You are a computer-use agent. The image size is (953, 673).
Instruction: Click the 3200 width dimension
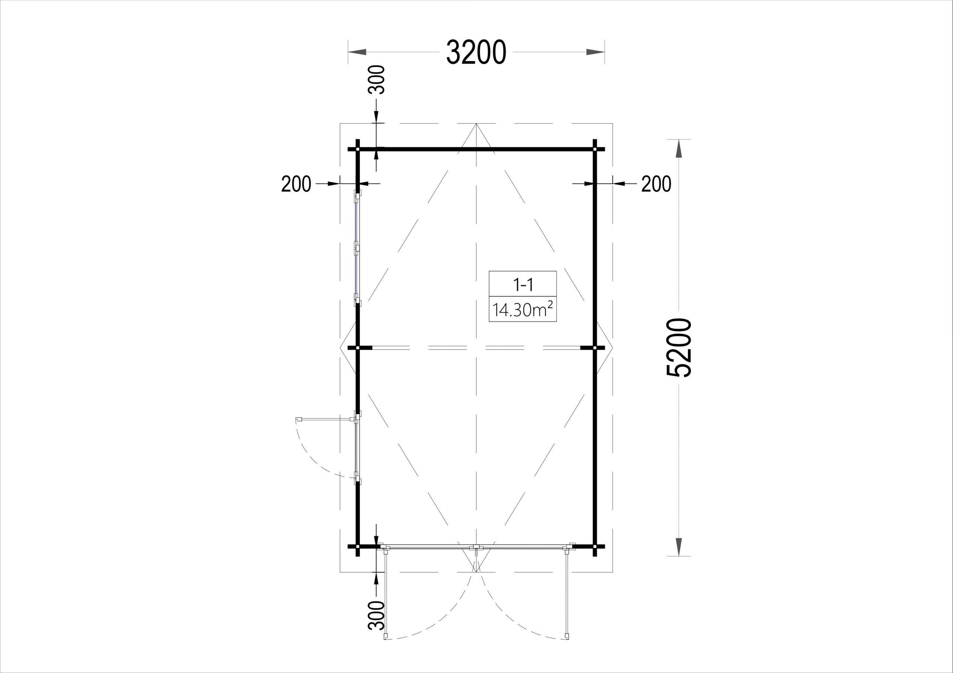(x=476, y=52)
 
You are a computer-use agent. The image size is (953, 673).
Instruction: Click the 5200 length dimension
(x=679, y=348)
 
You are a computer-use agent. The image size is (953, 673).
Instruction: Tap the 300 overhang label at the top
(x=377, y=80)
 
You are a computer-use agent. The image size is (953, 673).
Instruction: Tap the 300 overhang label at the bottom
(x=377, y=615)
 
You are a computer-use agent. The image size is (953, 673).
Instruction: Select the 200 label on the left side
(x=296, y=184)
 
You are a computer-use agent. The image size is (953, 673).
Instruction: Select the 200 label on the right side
(x=656, y=184)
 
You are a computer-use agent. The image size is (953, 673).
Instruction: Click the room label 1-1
(x=523, y=285)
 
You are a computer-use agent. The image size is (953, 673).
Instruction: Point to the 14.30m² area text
(x=523, y=310)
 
